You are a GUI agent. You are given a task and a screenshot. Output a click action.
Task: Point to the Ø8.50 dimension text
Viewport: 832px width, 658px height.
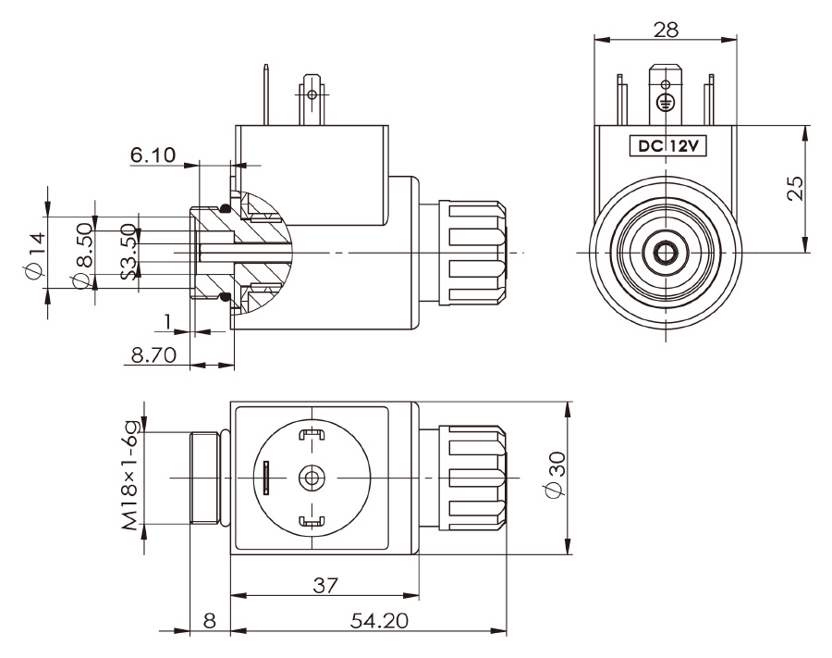83,254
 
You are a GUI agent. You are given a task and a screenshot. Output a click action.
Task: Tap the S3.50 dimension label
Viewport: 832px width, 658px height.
129,253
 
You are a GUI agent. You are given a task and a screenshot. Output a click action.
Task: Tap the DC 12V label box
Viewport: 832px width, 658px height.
664,145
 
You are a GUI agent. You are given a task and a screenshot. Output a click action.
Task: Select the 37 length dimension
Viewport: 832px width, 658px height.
324,585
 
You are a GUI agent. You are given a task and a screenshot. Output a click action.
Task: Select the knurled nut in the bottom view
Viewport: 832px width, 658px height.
474,478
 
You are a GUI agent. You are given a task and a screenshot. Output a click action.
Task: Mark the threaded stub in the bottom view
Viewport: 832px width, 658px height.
205,478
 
